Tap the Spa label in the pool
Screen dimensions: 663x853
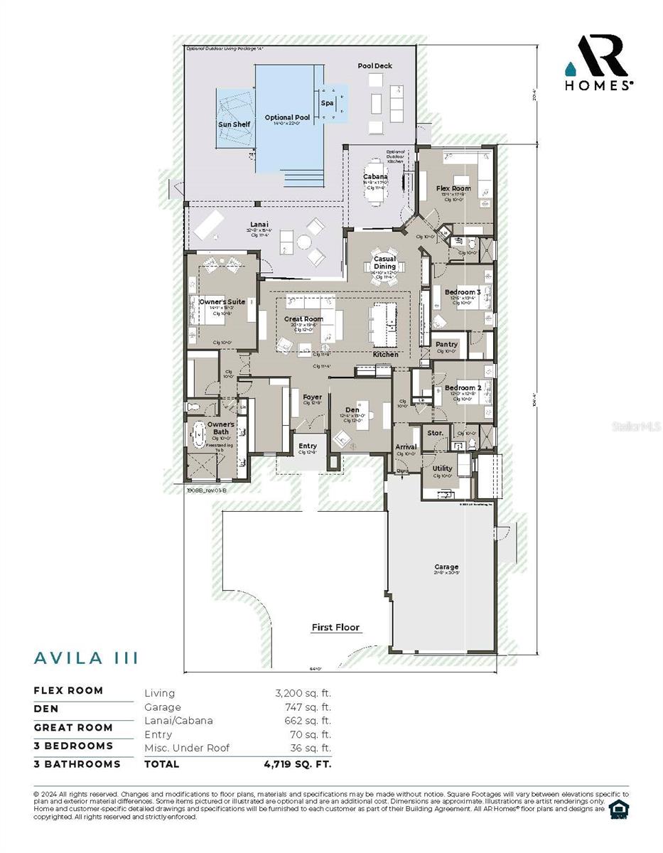(327, 103)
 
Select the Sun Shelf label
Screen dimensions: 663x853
(234, 125)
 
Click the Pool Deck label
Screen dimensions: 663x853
(374, 66)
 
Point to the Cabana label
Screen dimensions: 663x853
(375, 177)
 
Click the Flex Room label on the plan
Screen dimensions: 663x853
(453, 188)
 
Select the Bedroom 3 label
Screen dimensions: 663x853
(463, 292)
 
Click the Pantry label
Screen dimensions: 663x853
(446, 345)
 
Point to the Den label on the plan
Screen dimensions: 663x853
(352, 410)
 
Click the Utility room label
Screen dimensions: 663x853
(442, 468)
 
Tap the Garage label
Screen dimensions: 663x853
(446, 567)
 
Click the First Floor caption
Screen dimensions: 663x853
(335, 628)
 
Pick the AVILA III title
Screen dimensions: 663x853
(86, 658)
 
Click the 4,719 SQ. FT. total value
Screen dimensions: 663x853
(297, 764)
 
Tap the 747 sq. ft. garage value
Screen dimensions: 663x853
(308, 707)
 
